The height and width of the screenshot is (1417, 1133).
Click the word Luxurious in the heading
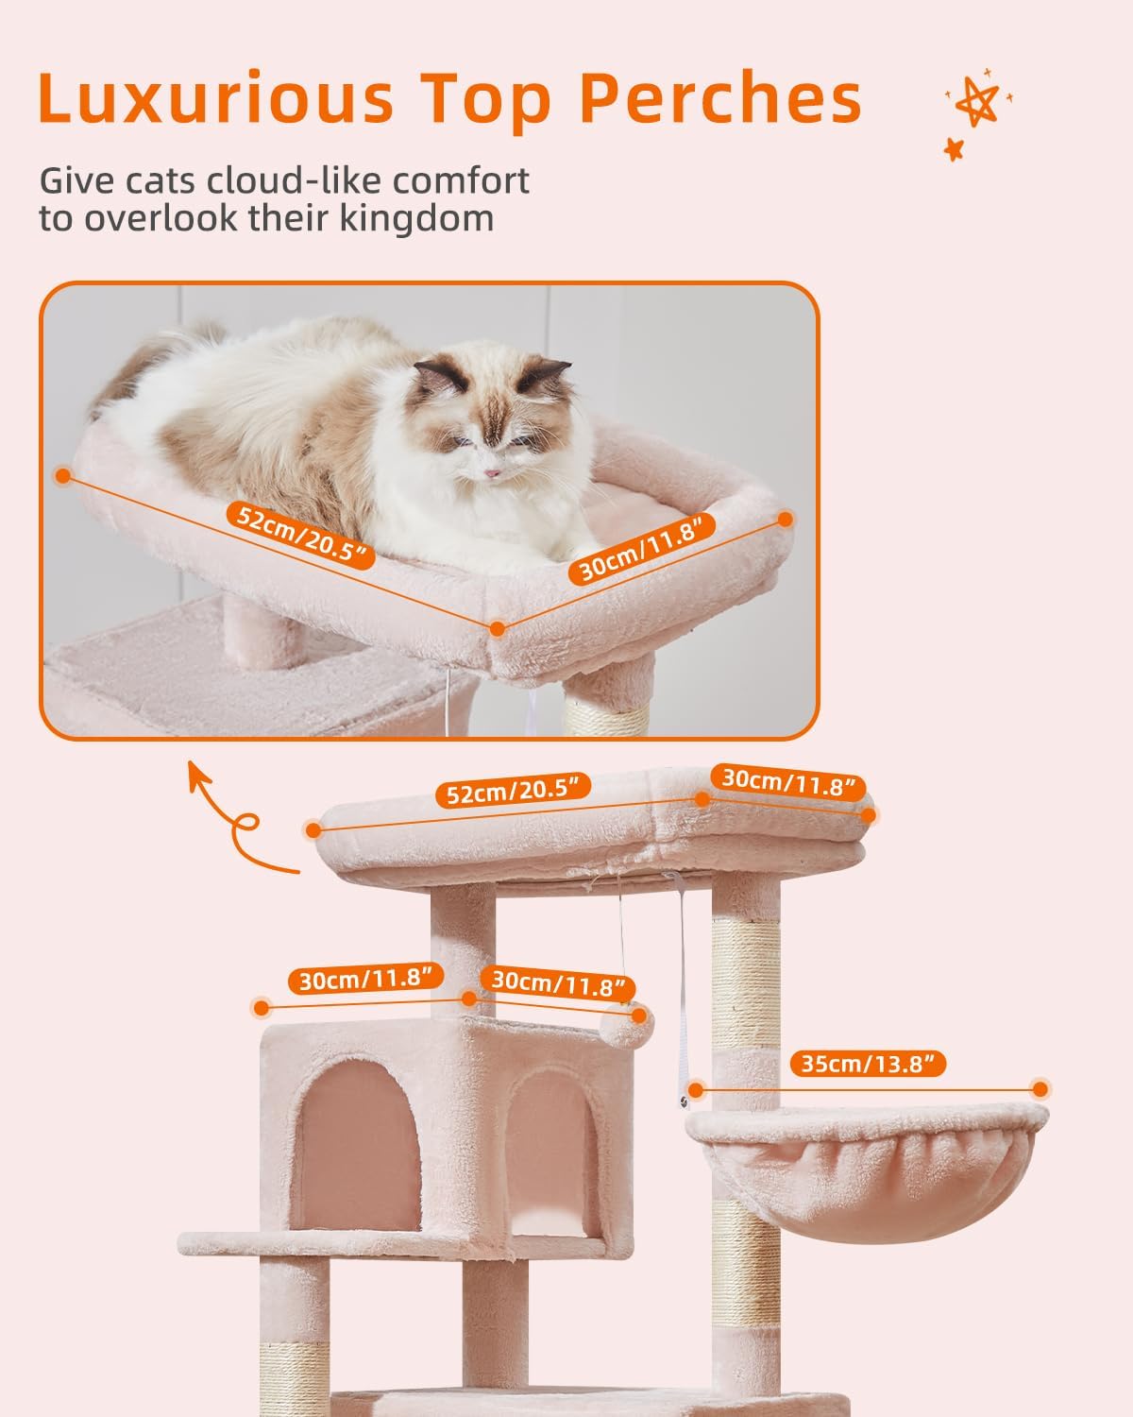[x=215, y=97]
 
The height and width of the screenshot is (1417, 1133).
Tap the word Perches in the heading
[x=720, y=97]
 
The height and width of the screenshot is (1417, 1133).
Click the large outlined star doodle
[x=977, y=101]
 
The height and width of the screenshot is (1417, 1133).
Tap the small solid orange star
[x=954, y=149]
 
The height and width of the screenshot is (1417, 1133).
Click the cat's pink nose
[x=493, y=472]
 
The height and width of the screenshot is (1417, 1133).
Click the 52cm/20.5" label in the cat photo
[x=301, y=536]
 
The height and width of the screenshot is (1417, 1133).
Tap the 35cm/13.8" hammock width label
[x=868, y=1064]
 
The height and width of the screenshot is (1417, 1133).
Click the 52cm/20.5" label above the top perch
[x=514, y=790]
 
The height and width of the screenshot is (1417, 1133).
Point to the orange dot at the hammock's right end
[x=1040, y=1089]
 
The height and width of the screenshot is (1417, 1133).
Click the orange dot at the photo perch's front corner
[x=498, y=628]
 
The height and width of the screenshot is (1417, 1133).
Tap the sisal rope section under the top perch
[x=746, y=976]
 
